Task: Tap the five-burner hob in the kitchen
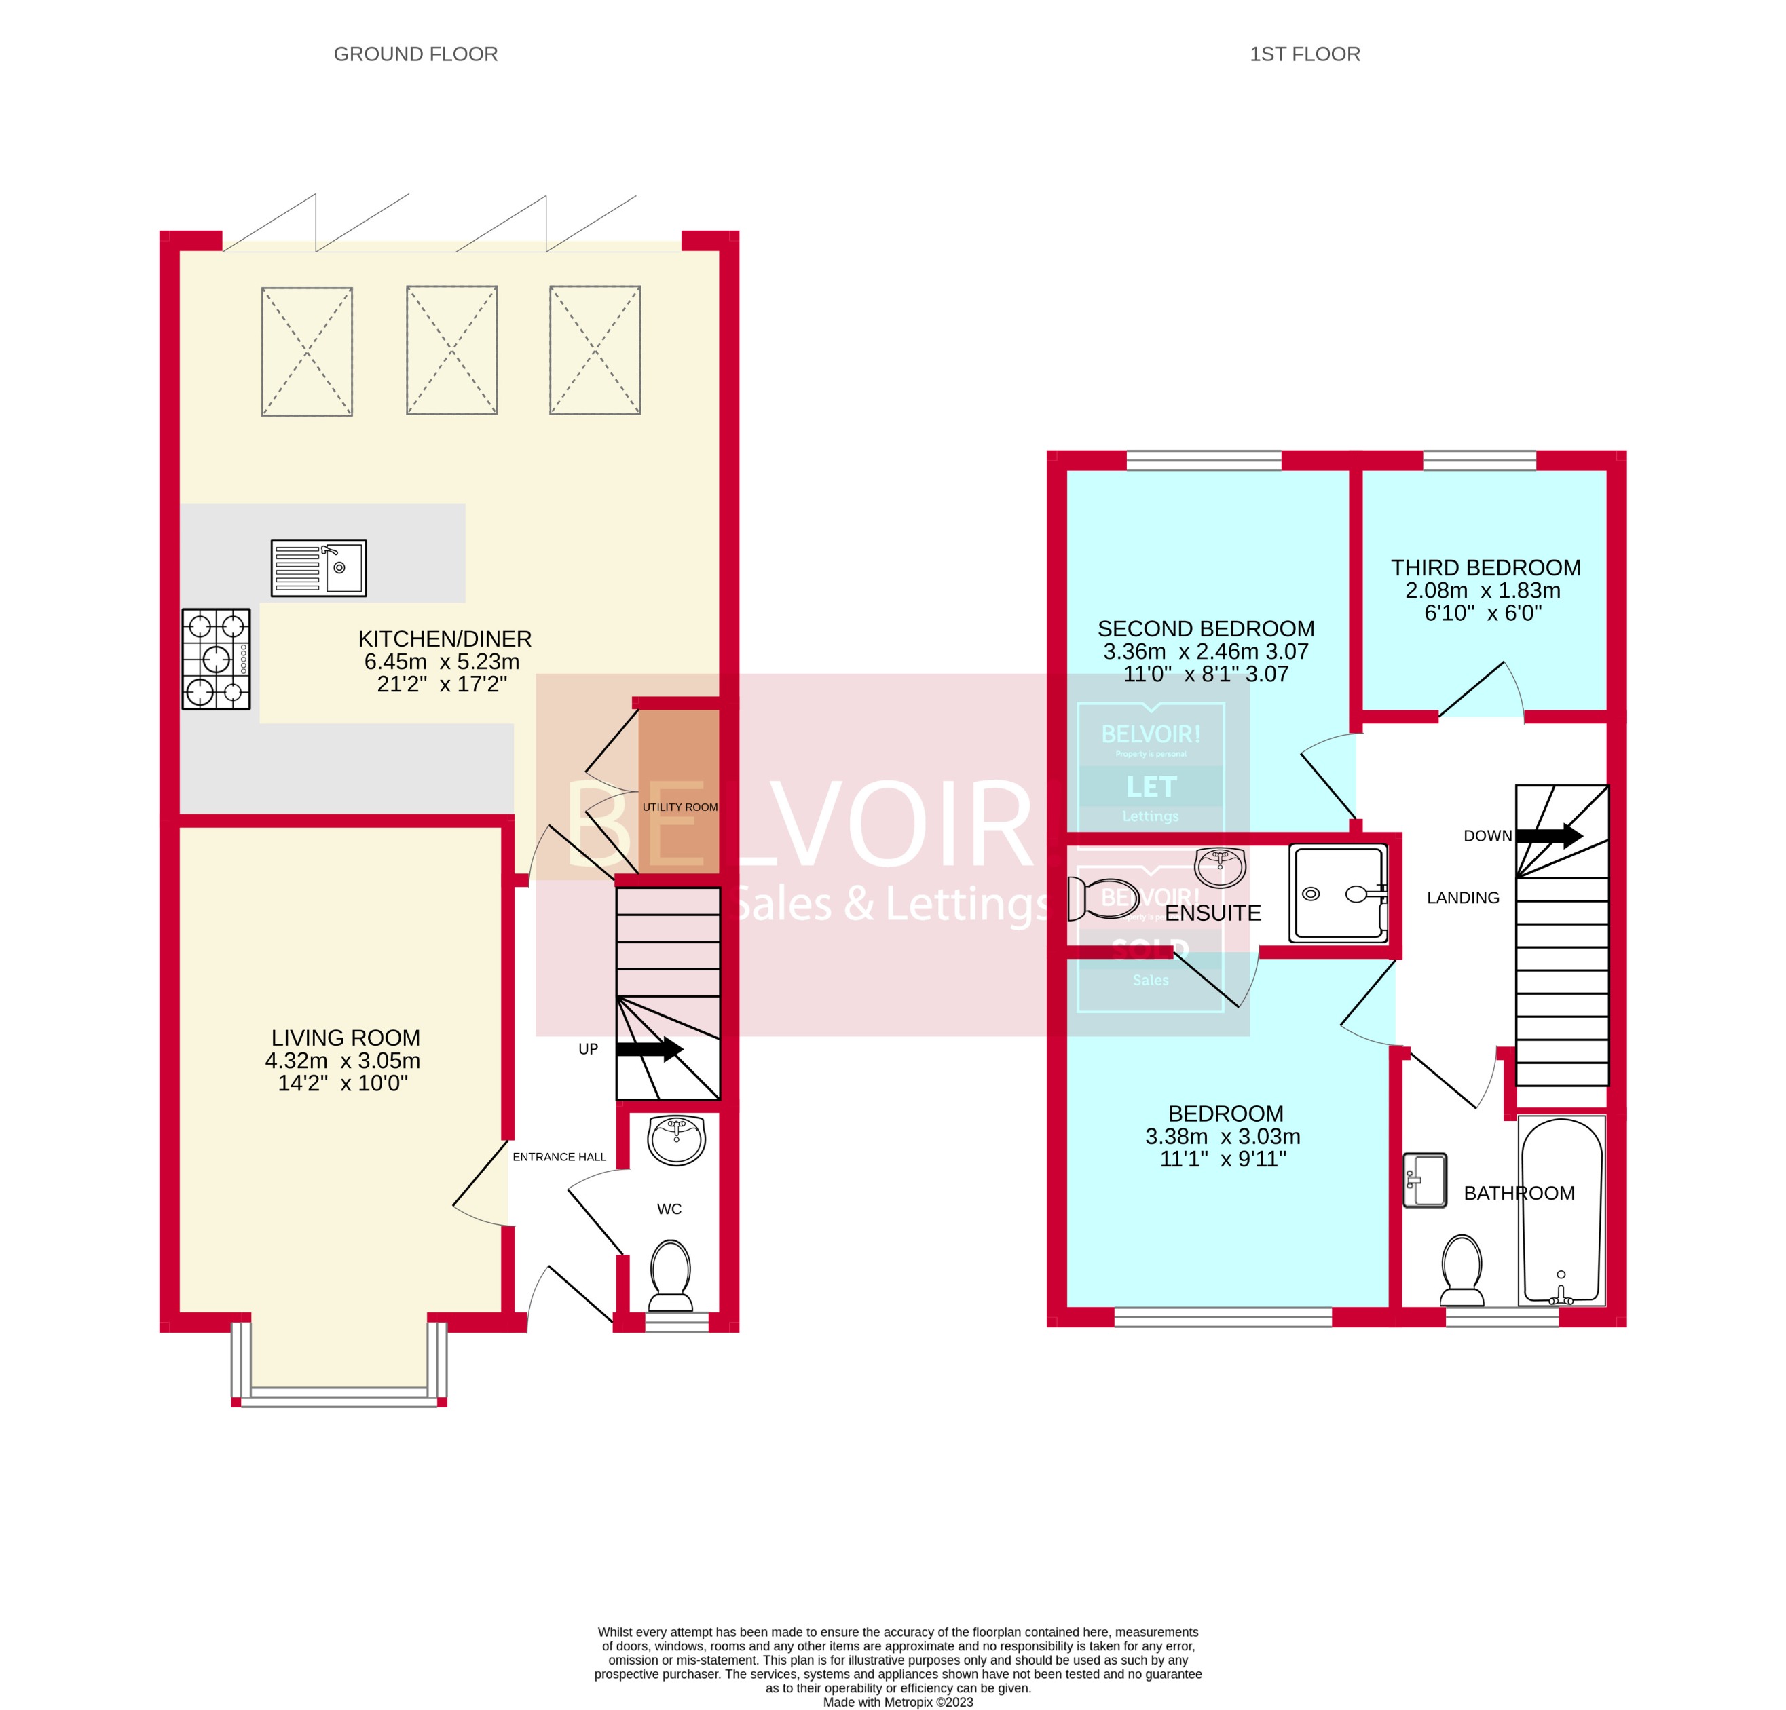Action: pos(216,659)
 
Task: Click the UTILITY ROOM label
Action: pos(680,807)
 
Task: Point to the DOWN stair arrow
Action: pos(1548,835)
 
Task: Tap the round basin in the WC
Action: pos(676,1141)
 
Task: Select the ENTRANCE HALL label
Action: pos(559,1157)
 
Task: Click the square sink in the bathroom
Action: pos(1424,1181)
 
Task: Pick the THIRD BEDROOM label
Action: pos(1485,567)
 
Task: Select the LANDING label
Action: pos(1462,898)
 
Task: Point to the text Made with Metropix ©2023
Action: pos(897,1702)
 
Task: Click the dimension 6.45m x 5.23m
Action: pos(442,662)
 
